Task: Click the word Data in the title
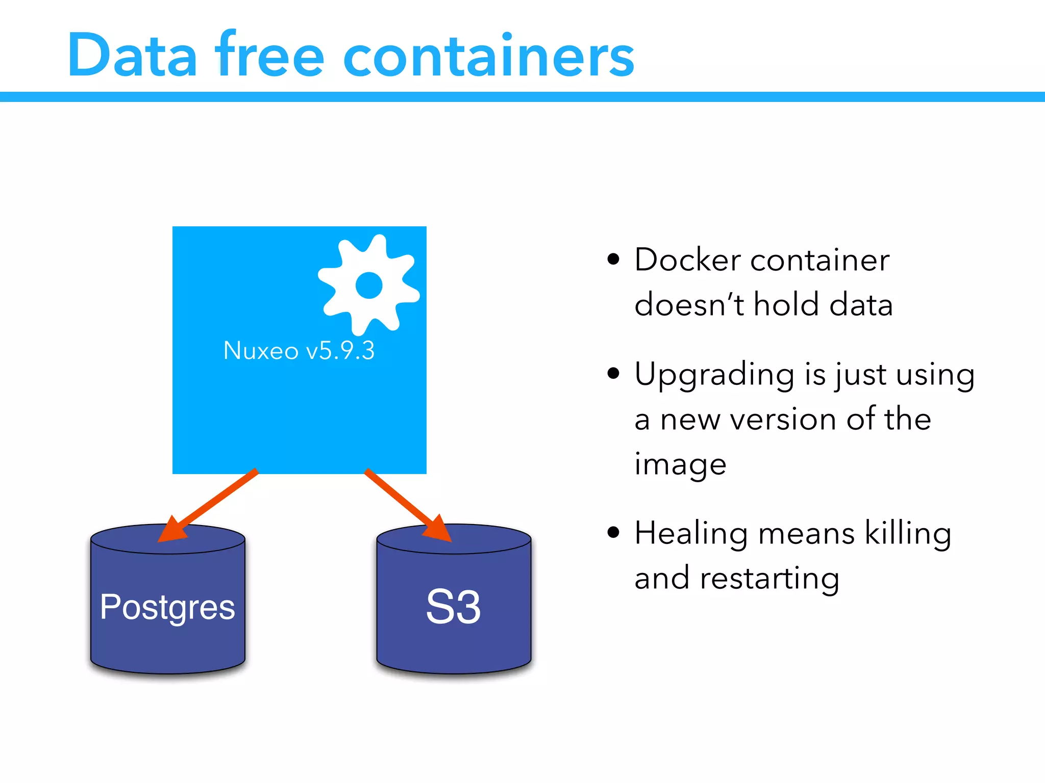pyautogui.click(x=132, y=55)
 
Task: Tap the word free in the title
pyautogui.click(x=269, y=55)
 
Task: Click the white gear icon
pyautogui.click(x=368, y=284)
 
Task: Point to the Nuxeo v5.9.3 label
pyautogui.click(x=299, y=351)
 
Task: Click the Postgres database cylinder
pyautogui.click(x=168, y=607)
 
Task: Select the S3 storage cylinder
pyautogui.click(x=454, y=607)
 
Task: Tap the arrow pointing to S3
pyautogui.click(x=408, y=505)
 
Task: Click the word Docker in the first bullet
pyautogui.click(x=687, y=260)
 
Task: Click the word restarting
pyautogui.click(x=769, y=579)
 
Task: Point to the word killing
pyautogui.click(x=908, y=534)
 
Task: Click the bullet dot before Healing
pyautogui.click(x=613, y=533)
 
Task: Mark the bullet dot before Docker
pyautogui.click(x=613, y=259)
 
